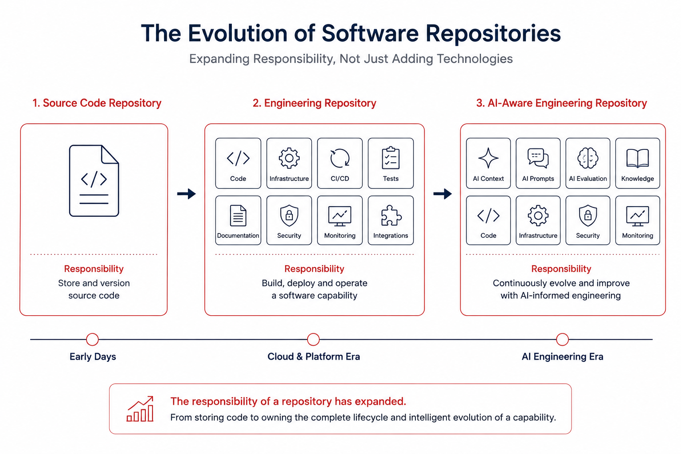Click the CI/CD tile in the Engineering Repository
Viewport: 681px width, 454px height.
point(340,163)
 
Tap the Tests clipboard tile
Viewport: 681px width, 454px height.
point(391,163)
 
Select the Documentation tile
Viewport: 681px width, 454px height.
point(238,220)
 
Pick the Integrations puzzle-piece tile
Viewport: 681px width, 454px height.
point(391,220)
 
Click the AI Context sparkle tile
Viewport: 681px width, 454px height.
point(488,163)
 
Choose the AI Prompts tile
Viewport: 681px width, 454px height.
point(538,163)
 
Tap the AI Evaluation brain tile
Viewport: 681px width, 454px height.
point(587,163)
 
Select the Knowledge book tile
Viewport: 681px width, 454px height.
point(638,163)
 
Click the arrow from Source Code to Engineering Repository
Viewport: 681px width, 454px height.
point(186,194)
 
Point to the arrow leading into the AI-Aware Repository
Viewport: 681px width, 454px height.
point(442,194)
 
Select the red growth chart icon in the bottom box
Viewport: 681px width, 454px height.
point(140,409)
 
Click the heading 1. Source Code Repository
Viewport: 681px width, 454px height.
point(97,103)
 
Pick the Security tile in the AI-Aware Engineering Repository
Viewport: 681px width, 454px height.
point(587,220)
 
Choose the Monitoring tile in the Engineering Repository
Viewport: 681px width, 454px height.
point(340,220)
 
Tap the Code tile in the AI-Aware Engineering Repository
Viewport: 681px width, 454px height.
point(488,220)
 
